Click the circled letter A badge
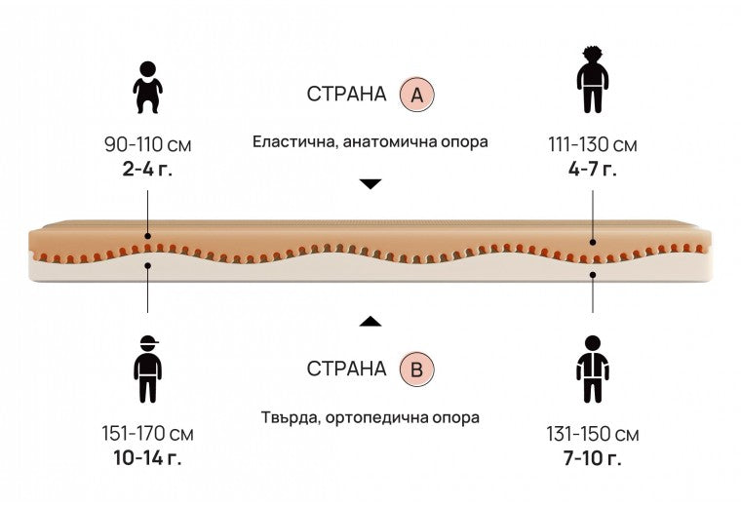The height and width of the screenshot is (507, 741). [x=417, y=95]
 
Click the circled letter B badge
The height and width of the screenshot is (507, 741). [x=417, y=369]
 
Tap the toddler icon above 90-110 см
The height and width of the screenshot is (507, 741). [x=148, y=88]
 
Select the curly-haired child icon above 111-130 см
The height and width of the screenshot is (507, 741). [x=593, y=79]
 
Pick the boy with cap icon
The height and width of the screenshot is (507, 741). [x=147, y=369]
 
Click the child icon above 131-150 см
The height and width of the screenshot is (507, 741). [x=593, y=369]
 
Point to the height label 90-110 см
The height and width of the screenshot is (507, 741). [x=148, y=144]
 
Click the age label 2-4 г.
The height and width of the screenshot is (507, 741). [x=147, y=169]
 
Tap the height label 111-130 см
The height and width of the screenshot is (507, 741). [x=593, y=144]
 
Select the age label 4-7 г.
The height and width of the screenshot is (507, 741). [x=593, y=169]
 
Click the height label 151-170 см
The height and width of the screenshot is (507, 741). [x=147, y=433]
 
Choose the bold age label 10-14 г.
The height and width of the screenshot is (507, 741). [x=147, y=457]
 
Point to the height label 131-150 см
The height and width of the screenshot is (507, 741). [x=593, y=434]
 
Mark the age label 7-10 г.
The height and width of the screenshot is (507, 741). [x=593, y=458]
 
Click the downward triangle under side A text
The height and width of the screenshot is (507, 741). [x=370, y=184]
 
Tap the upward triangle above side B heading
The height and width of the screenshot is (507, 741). [x=370, y=321]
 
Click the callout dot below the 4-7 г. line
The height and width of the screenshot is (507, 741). [x=593, y=242]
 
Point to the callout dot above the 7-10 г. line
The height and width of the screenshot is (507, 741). [x=593, y=275]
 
